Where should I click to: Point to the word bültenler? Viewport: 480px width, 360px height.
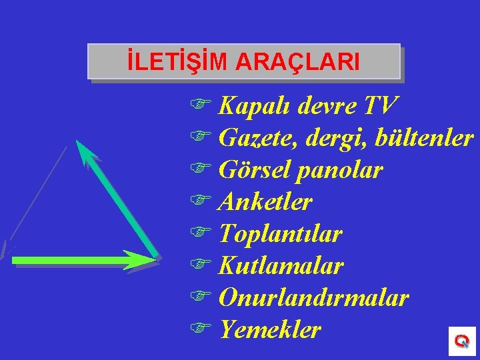tap(424, 137)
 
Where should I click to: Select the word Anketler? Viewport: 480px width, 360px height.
tap(265, 201)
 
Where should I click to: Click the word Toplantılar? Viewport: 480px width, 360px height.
tap(280, 234)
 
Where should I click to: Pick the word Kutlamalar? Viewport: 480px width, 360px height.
tap(281, 266)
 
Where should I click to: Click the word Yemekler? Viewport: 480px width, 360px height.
tap(270, 329)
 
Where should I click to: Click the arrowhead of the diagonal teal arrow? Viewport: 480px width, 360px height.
tap(83, 148)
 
